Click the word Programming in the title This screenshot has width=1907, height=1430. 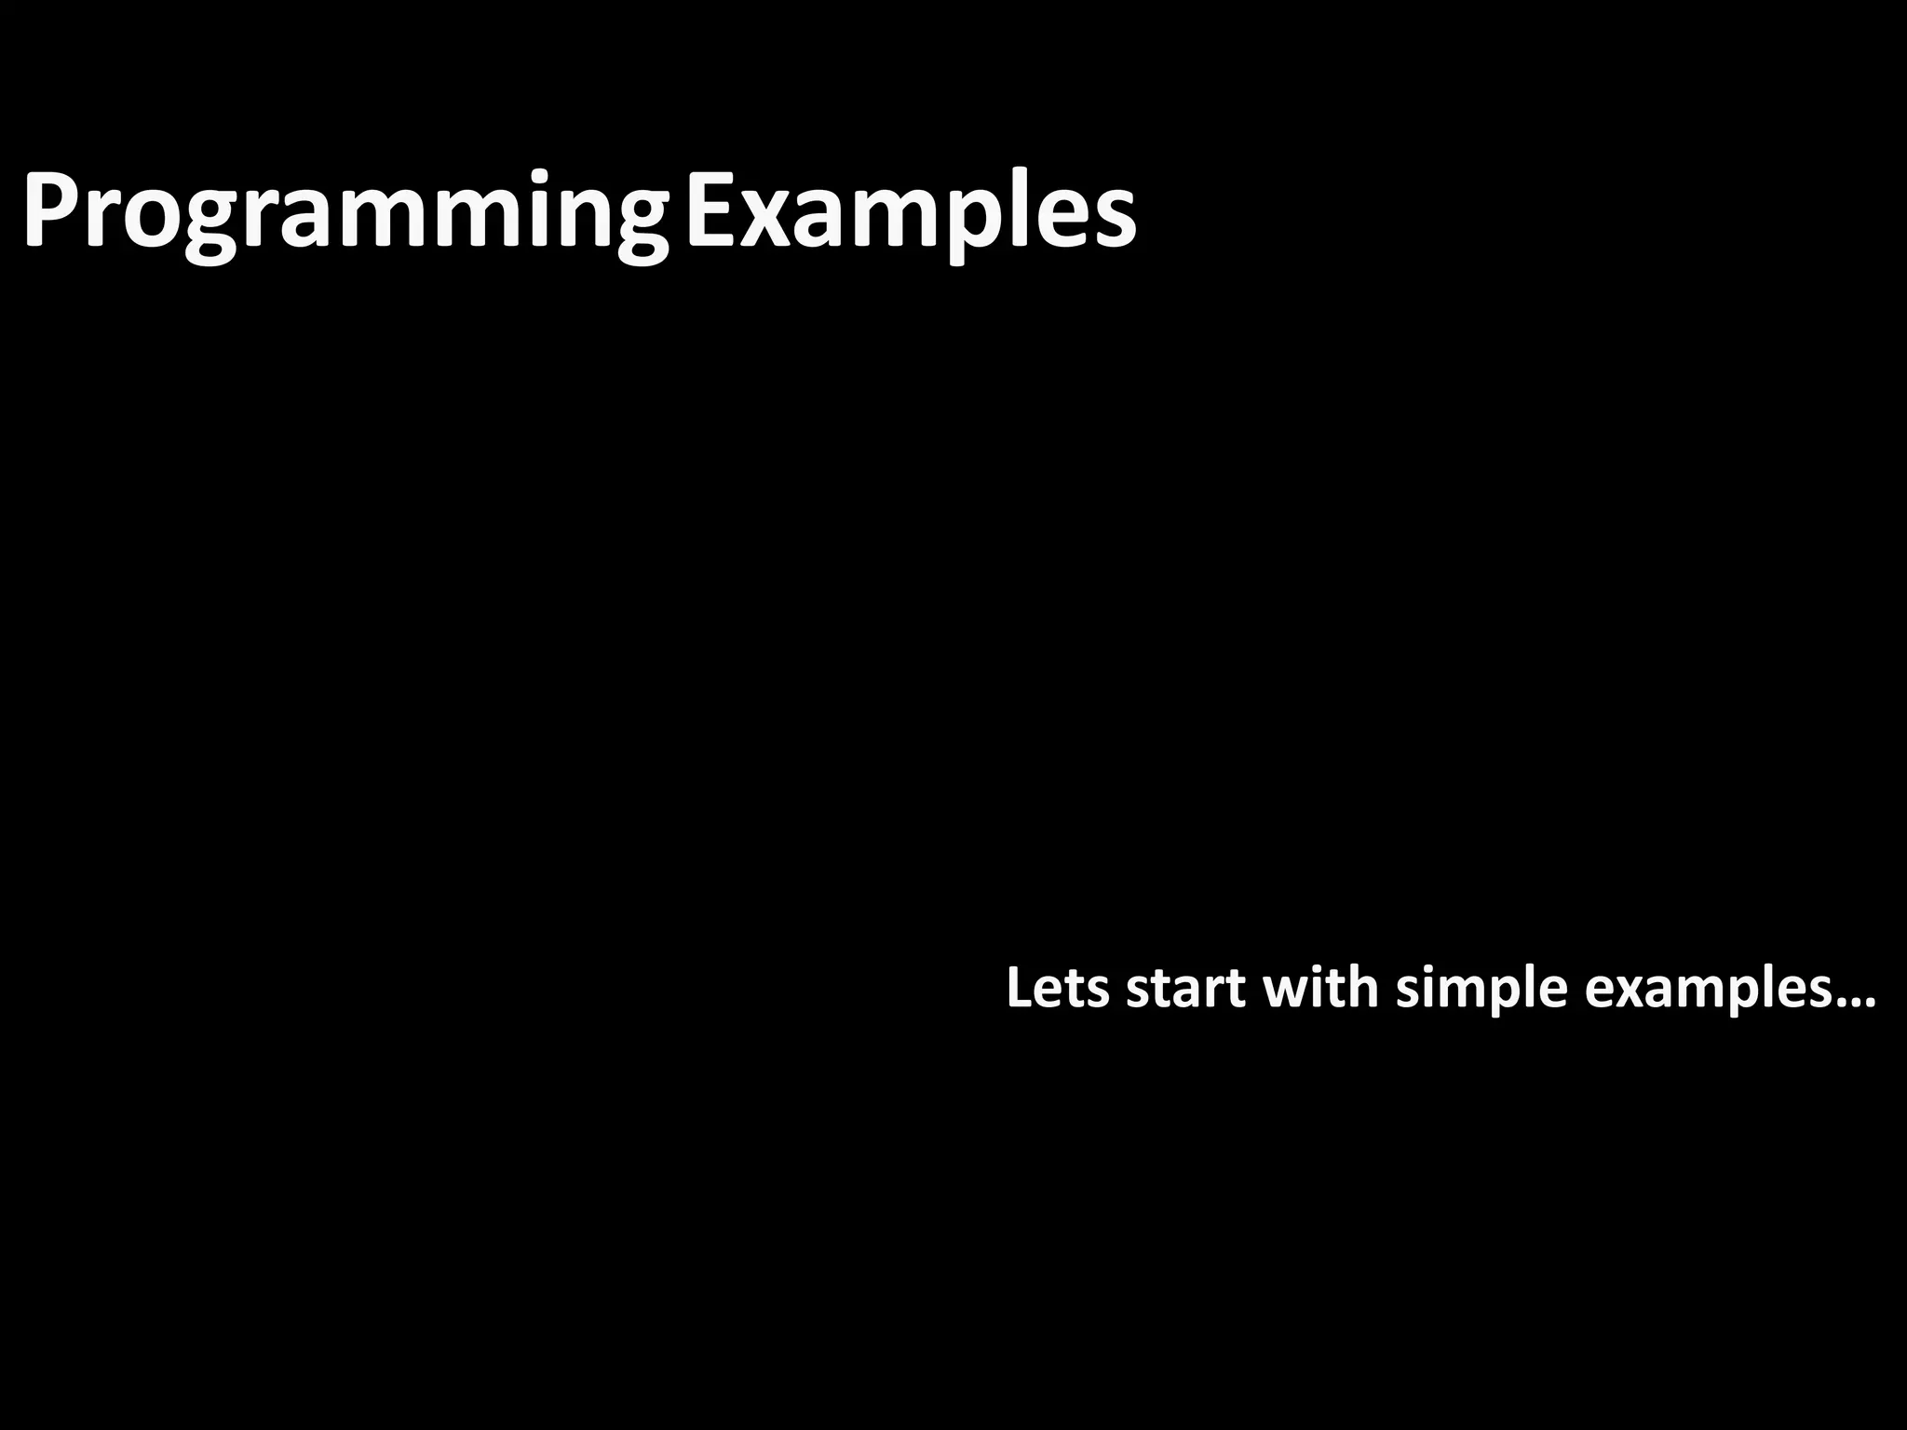click(345, 212)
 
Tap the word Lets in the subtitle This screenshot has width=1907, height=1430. click(1058, 989)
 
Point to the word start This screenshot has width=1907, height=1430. click(1185, 989)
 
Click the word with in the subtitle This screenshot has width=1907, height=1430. click(1320, 989)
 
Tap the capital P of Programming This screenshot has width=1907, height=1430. click(48, 210)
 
